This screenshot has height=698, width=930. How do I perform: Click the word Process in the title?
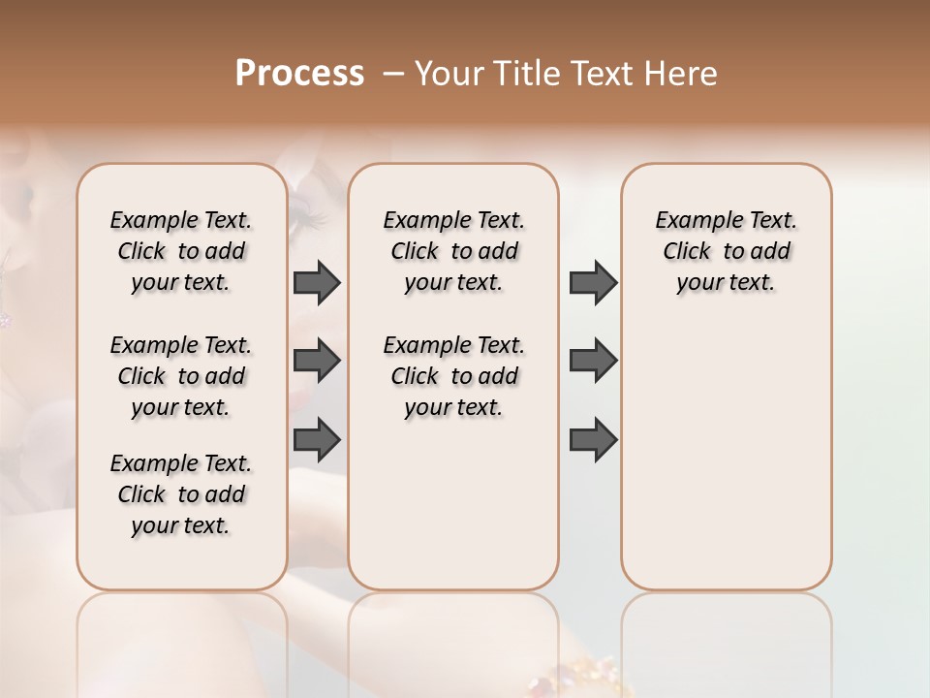click(x=299, y=74)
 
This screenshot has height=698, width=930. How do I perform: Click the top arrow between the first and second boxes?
click(x=317, y=282)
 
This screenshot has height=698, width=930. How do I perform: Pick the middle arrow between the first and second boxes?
click(x=317, y=361)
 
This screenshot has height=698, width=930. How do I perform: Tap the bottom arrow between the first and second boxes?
click(x=317, y=439)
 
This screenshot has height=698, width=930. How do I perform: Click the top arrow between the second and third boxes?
click(x=593, y=282)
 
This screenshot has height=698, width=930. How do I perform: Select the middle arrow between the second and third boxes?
click(x=593, y=361)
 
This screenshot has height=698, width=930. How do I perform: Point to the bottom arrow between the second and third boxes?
click(x=593, y=439)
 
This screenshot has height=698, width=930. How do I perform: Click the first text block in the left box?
click(x=181, y=251)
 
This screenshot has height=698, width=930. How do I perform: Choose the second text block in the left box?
click(x=181, y=376)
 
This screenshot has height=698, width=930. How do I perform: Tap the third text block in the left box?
click(x=181, y=494)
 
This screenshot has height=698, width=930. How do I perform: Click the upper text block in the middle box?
click(x=453, y=251)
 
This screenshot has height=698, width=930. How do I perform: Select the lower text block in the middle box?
click(x=453, y=376)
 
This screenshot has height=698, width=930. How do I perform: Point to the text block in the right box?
click(x=727, y=251)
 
